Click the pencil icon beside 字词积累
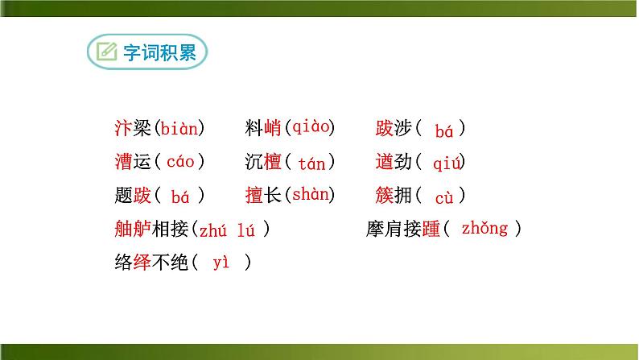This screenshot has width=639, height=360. tap(106, 53)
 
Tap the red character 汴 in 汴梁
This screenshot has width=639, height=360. tap(123, 127)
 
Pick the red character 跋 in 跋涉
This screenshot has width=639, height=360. tap(385, 128)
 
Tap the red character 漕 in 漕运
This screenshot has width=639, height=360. tap(123, 161)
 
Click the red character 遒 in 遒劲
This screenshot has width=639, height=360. tap(385, 162)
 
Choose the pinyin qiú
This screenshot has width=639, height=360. tap(447, 164)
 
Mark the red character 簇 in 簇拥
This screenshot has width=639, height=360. tap(385, 195)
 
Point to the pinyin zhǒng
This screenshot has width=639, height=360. tap(484, 229)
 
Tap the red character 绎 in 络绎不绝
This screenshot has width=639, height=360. tap(142, 263)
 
